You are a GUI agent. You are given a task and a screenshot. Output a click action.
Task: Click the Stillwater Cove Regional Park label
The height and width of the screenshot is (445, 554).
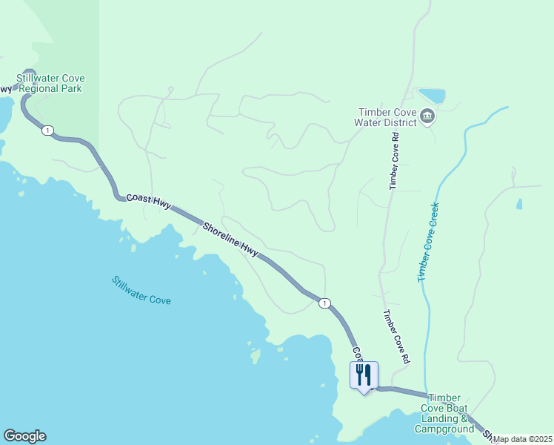(x=51, y=83)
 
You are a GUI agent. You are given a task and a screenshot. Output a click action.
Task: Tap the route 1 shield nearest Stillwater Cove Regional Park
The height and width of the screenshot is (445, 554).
(x=47, y=131)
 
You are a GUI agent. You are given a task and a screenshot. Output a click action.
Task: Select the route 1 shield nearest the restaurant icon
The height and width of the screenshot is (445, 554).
(x=324, y=303)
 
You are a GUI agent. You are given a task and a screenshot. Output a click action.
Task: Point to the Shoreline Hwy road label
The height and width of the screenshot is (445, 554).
(x=230, y=240)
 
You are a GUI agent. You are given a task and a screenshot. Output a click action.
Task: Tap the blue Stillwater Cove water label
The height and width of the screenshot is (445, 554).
(x=141, y=291)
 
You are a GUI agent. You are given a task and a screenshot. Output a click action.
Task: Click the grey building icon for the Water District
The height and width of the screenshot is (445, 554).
(x=427, y=116)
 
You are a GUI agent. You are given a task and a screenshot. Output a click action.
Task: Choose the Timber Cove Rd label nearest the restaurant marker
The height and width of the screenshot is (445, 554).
(x=396, y=336)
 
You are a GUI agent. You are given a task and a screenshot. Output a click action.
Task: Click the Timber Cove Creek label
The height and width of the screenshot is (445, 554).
(x=429, y=242)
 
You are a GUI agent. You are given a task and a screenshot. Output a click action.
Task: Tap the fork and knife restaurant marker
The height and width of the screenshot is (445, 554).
(x=364, y=375)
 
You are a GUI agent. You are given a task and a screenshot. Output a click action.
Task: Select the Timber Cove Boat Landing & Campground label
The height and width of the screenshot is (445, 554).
(x=444, y=413)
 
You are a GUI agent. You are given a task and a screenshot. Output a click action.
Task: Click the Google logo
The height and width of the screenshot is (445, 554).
(x=24, y=436)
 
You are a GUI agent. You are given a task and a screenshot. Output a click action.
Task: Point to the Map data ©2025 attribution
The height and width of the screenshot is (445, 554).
(x=523, y=439)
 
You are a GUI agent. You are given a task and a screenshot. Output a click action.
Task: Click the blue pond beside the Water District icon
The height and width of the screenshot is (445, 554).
(x=432, y=96)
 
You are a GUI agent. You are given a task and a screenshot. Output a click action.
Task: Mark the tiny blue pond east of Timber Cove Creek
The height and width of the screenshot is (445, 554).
(x=518, y=203)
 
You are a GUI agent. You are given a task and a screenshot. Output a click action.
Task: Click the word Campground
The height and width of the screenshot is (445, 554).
(x=444, y=429)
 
